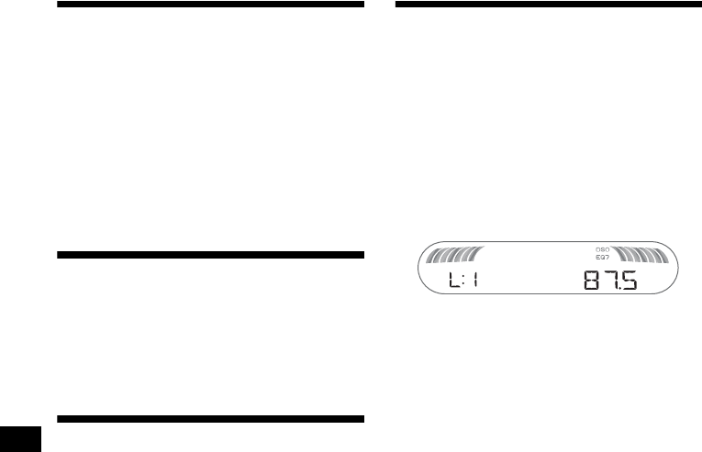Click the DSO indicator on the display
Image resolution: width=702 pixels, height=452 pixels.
(603, 249)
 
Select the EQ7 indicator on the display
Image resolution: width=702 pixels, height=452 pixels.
(603, 258)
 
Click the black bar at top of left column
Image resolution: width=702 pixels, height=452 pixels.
(211, 6)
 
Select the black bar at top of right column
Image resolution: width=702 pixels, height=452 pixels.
(547, 6)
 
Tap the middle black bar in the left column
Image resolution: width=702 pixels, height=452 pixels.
(211, 253)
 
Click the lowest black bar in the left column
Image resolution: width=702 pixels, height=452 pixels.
(211, 419)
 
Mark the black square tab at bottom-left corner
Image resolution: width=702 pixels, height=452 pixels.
(18, 437)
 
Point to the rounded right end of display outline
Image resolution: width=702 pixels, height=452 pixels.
(680, 269)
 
